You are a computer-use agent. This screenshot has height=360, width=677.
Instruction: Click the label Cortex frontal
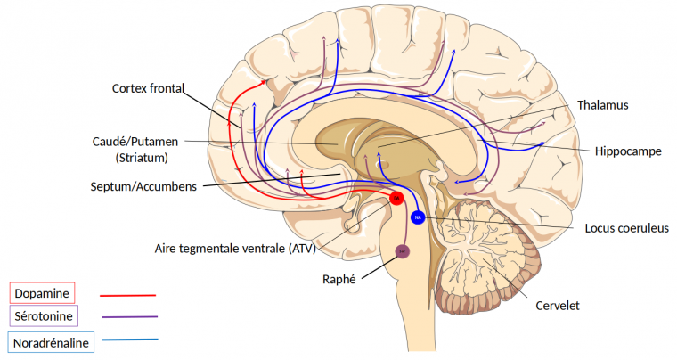(x=148, y=88)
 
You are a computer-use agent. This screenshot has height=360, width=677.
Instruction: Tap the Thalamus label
(x=602, y=105)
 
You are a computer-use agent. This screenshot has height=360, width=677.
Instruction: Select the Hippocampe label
(x=628, y=151)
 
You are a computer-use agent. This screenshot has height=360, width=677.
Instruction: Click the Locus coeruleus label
(x=626, y=228)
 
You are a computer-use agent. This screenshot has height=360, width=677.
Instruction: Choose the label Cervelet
(x=558, y=306)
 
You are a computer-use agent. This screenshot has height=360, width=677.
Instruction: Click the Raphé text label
(x=338, y=279)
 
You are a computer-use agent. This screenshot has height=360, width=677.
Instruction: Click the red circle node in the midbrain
(x=397, y=198)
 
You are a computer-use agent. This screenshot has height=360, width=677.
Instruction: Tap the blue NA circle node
(x=418, y=217)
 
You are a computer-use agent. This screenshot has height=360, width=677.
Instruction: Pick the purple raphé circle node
(x=402, y=252)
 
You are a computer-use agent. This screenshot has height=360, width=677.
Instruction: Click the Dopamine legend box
(x=42, y=292)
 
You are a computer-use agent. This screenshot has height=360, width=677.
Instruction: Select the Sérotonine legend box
(x=44, y=315)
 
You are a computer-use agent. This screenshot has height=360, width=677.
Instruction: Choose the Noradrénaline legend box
(x=52, y=340)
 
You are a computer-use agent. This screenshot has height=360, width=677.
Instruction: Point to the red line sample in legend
(x=128, y=294)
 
